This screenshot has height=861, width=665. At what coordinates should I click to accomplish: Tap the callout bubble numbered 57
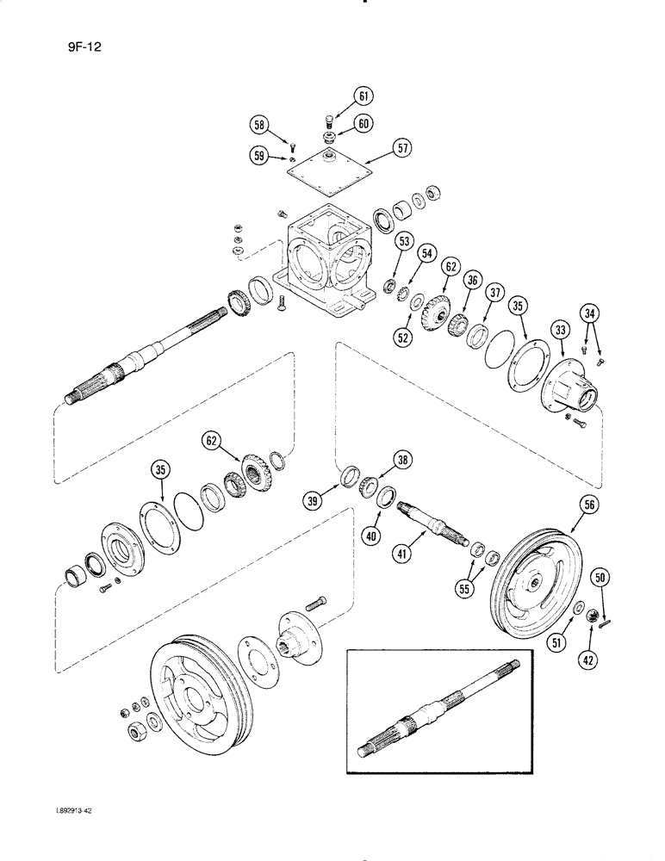click(x=378, y=148)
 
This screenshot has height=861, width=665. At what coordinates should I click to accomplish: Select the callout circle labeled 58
click(x=259, y=126)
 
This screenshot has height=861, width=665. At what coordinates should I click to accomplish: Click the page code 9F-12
click(x=74, y=38)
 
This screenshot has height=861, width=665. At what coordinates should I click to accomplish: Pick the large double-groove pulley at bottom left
click(x=198, y=689)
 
